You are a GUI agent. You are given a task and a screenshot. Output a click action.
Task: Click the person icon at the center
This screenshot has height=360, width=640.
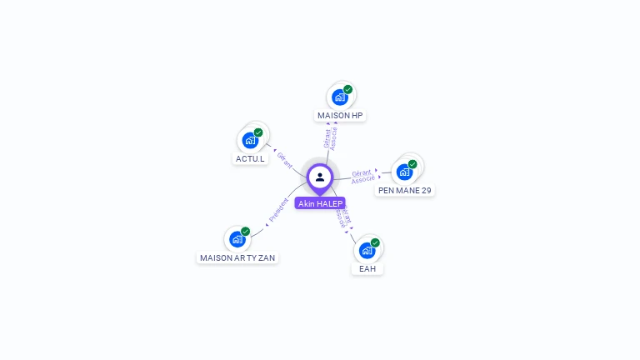coord(320,177)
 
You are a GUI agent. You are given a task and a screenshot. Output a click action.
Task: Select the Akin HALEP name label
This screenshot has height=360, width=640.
coord(320,203)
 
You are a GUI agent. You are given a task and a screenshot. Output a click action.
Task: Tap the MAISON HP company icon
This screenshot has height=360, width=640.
coord(339,97)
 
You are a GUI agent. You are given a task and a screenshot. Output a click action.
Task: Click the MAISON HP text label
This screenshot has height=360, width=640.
coord(340,115)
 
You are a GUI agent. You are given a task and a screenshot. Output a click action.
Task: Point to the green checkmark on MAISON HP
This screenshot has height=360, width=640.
coord(347,89)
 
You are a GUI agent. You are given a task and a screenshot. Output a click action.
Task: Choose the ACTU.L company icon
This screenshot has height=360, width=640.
coord(250,141)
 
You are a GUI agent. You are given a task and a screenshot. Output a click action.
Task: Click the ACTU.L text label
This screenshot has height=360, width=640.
coord(250,158)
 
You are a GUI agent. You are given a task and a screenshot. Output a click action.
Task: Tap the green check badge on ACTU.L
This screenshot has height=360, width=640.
coord(258,132)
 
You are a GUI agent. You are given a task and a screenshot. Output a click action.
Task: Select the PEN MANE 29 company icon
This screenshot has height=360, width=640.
coord(404,172)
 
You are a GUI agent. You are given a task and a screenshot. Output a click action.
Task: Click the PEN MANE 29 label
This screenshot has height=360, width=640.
coord(405,190)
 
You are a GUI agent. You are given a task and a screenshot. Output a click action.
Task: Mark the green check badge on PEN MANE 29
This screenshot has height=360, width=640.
coord(412,164)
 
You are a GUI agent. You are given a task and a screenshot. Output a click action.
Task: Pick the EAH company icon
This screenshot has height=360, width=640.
coord(367,251)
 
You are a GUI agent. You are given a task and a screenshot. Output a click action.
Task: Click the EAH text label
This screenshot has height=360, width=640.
coord(367,268)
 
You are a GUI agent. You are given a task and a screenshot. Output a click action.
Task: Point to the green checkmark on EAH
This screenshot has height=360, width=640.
coord(375,242)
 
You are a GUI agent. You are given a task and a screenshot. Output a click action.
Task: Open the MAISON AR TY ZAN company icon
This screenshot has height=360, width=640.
coord(237,240)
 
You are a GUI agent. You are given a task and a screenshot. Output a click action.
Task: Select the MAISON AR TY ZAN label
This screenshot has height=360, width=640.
coord(237,257)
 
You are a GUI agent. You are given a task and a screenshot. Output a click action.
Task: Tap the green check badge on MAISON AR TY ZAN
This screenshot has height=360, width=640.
coord(245,232)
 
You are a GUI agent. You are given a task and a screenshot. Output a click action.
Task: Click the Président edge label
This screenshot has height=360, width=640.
coord(278,211)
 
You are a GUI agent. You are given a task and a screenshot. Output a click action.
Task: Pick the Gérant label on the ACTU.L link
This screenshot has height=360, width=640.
coord(284,159)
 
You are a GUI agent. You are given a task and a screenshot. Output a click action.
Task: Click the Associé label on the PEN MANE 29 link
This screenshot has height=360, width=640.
coord(363,179)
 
